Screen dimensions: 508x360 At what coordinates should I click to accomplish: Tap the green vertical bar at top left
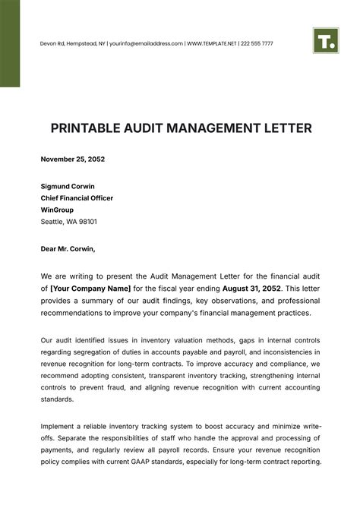(x=10, y=43)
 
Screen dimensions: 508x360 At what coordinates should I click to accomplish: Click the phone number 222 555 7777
(x=257, y=44)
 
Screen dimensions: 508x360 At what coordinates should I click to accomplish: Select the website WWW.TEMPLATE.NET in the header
(x=213, y=44)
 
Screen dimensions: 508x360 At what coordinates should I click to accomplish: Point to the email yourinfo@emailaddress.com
(x=146, y=44)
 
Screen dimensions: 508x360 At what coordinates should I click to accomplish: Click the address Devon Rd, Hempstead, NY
(x=72, y=44)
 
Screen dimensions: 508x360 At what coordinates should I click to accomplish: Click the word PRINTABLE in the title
(x=76, y=128)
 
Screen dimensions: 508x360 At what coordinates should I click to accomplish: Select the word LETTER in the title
(x=287, y=128)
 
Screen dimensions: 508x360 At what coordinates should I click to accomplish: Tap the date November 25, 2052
(x=73, y=159)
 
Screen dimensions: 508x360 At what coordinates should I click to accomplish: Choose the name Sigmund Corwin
(x=68, y=186)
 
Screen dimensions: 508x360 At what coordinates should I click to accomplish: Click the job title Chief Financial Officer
(x=77, y=198)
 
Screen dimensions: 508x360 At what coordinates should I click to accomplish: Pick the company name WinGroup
(x=58, y=210)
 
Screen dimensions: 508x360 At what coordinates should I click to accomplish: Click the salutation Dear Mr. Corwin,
(x=68, y=248)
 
